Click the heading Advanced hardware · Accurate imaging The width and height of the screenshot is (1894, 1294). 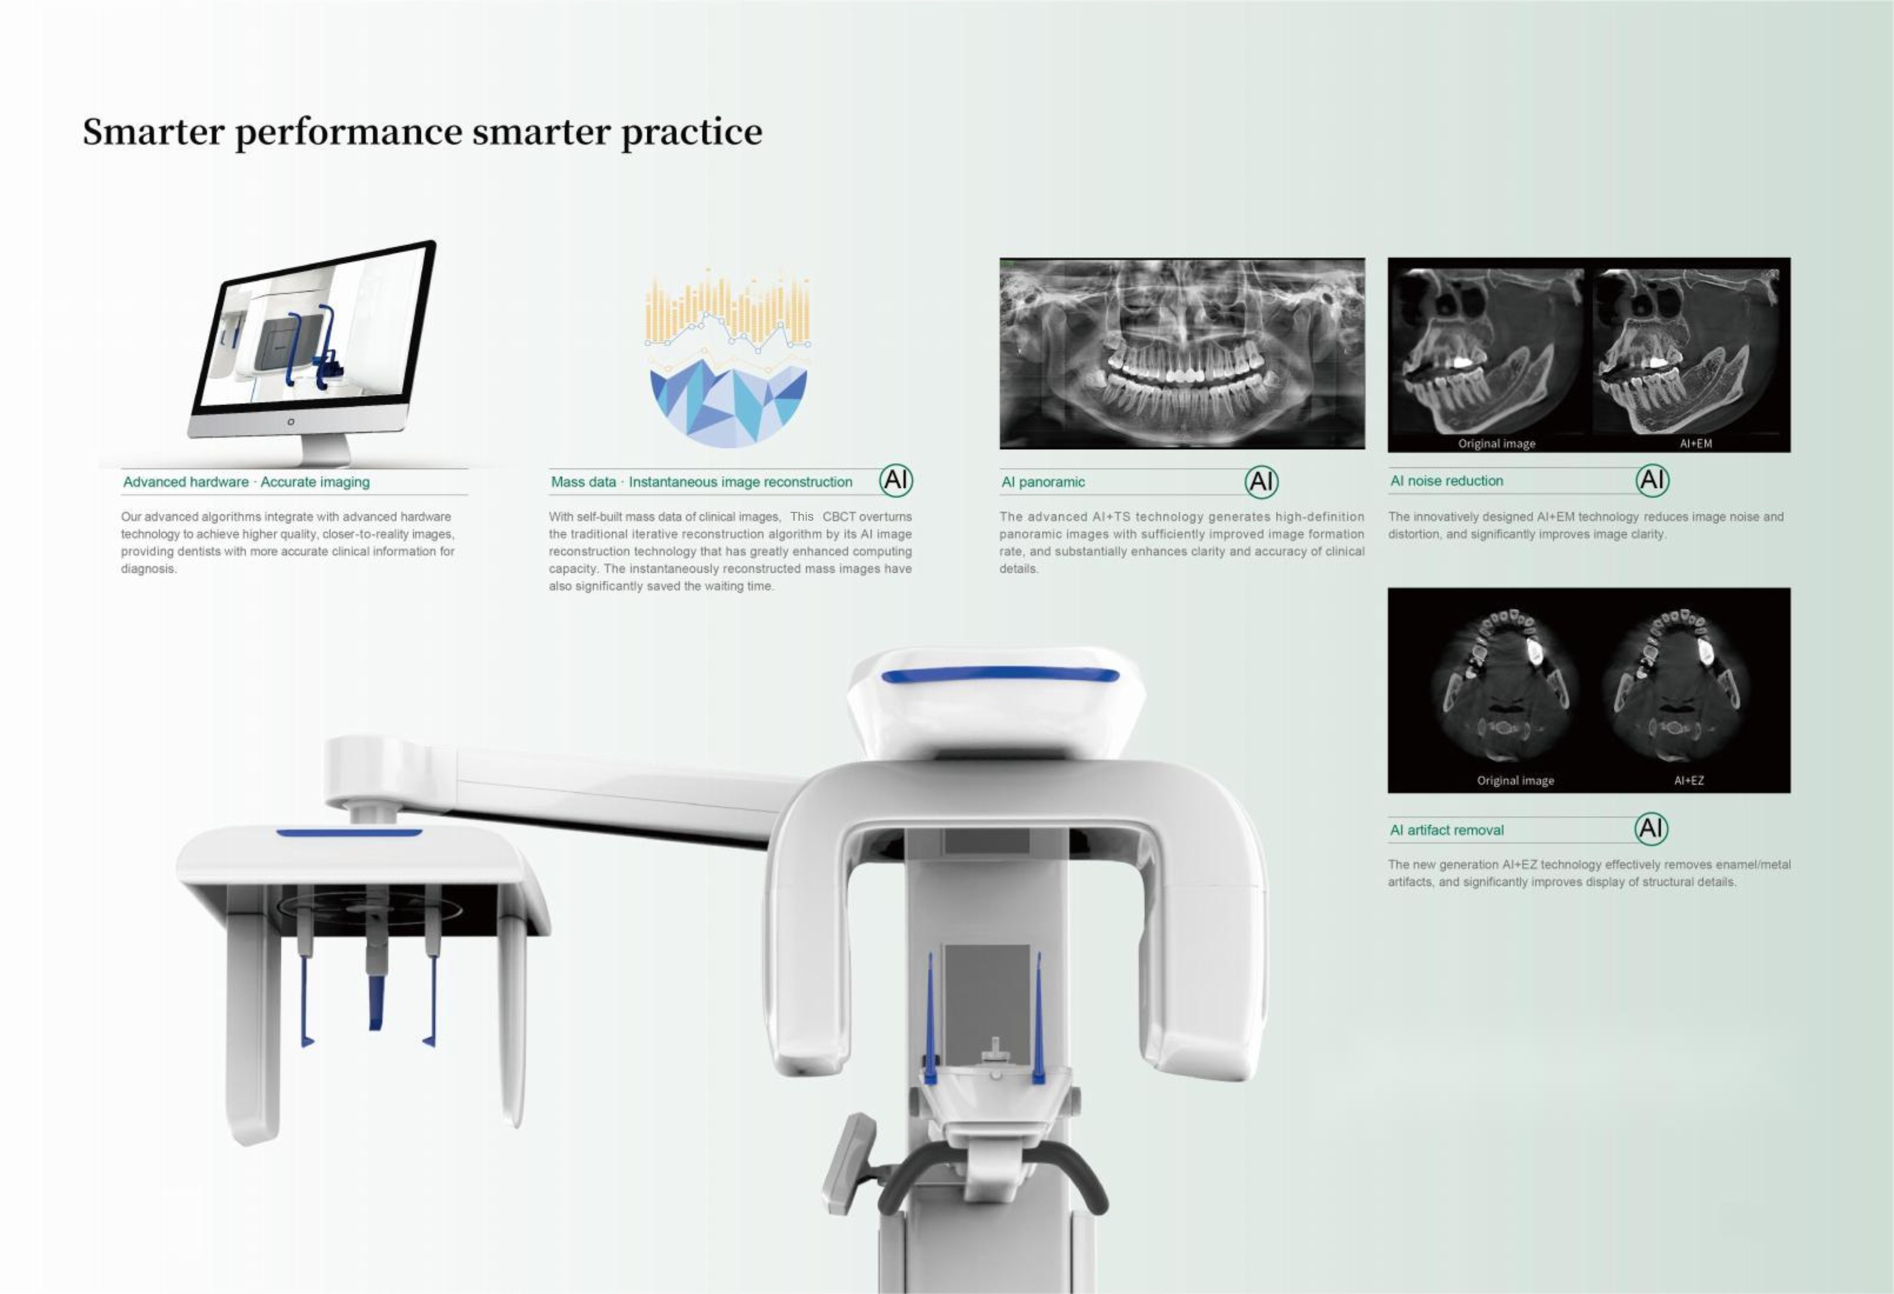(x=246, y=482)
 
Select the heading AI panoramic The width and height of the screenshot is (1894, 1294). (x=1042, y=482)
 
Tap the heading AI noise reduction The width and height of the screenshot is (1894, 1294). (x=1447, y=481)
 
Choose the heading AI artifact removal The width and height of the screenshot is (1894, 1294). (x=1447, y=830)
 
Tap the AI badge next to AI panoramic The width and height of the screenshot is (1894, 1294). (x=1261, y=482)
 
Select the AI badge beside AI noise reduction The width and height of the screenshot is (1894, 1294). (x=1652, y=480)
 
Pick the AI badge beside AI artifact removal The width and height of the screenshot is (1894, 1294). (x=1651, y=829)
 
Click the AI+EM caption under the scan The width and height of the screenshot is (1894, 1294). (x=1695, y=443)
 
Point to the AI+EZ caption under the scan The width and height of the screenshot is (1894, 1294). (x=1689, y=780)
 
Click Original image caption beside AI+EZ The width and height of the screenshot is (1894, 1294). (x=1515, y=780)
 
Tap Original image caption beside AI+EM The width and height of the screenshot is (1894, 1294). (x=1496, y=443)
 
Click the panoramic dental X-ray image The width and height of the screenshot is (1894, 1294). (x=1181, y=353)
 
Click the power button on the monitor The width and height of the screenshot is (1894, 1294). (x=291, y=421)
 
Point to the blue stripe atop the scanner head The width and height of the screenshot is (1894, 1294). (x=1000, y=674)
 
